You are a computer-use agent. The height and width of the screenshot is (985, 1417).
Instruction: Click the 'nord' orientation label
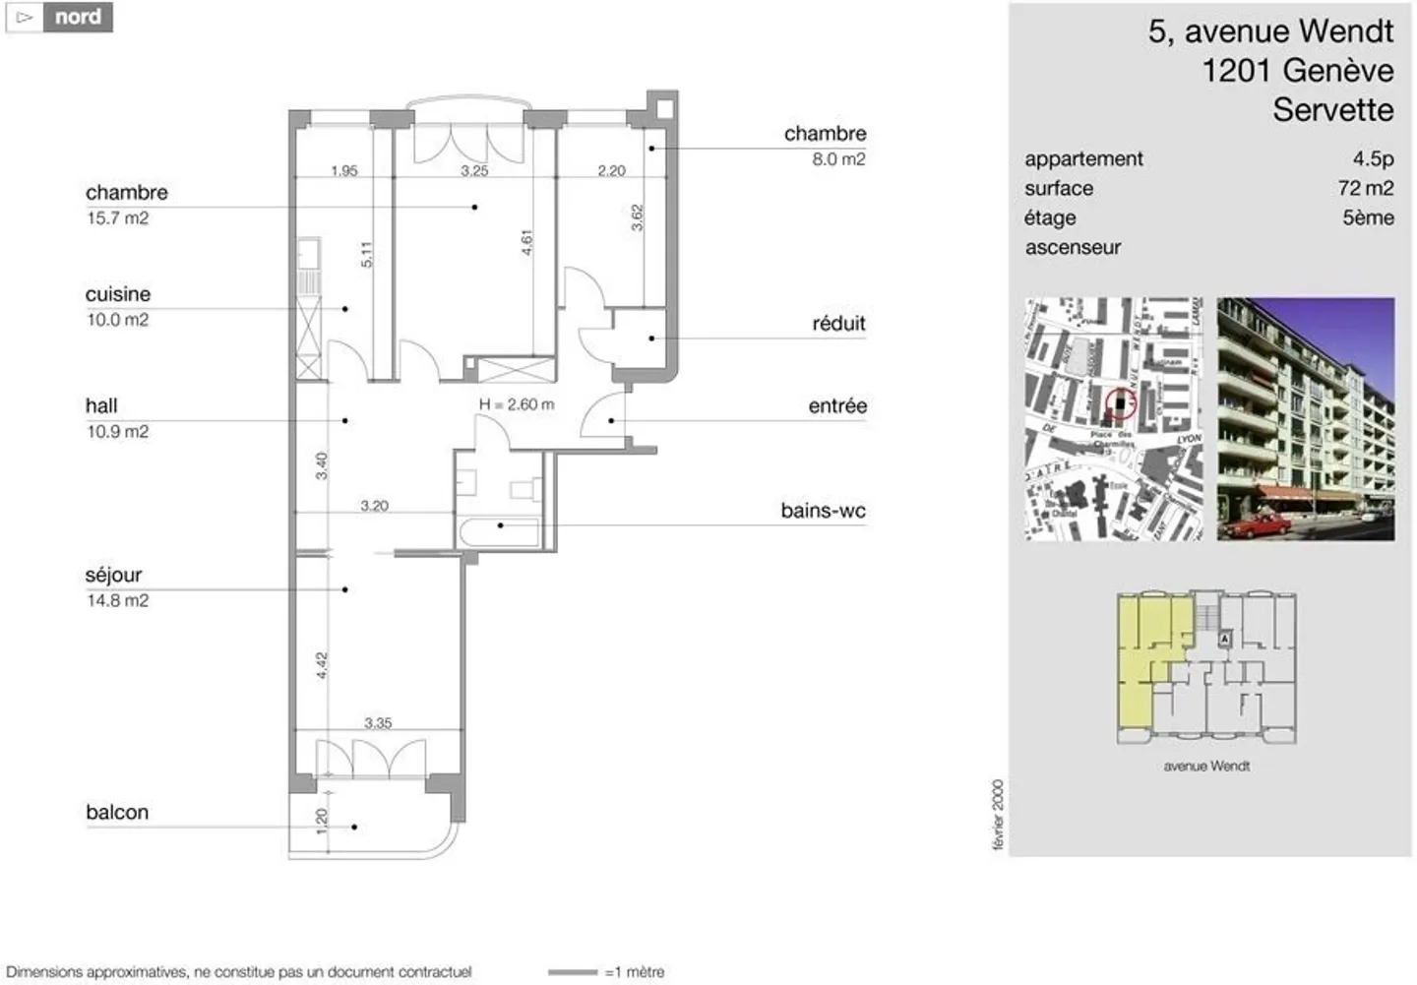pyautogui.click(x=77, y=17)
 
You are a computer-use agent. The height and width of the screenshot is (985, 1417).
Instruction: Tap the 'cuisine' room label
pyautogui.click(x=117, y=294)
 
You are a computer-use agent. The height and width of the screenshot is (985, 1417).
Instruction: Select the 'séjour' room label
pyautogui.click(x=113, y=576)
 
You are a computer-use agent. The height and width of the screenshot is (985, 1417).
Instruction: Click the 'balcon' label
pyautogui.click(x=116, y=813)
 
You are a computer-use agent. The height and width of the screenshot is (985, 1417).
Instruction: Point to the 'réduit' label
pyautogui.click(x=838, y=324)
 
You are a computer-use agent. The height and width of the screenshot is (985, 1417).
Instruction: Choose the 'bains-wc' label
pyautogui.click(x=823, y=511)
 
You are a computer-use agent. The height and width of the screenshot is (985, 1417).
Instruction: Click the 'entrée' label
pyautogui.click(x=837, y=406)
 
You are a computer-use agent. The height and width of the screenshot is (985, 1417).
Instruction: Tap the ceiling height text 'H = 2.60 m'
pyautogui.click(x=516, y=404)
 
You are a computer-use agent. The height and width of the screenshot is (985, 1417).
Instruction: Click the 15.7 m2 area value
pyautogui.click(x=117, y=218)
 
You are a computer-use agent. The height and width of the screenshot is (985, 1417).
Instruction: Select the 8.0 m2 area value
pyautogui.click(x=838, y=159)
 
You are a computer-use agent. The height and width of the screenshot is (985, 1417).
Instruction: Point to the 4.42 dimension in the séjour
pyautogui.click(x=322, y=665)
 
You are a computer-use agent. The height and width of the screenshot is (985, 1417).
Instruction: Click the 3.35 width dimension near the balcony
pyautogui.click(x=378, y=723)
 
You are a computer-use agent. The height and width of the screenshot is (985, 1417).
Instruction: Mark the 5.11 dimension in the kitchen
pyautogui.click(x=366, y=255)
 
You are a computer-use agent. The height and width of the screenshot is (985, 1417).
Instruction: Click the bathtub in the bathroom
pyautogui.click(x=499, y=533)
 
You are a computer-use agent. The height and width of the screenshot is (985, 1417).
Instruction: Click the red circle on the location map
pyautogui.click(x=1120, y=402)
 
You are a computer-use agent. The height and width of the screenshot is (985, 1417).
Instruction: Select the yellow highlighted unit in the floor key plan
pyautogui.click(x=1141, y=659)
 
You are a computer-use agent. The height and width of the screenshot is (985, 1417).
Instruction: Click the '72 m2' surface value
pyautogui.click(x=1365, y=189)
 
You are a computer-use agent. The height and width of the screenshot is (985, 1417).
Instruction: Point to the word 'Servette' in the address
pyautogui.click(x=1332, y=110)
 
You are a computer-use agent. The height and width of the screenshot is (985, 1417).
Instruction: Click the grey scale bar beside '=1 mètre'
pyautogui.click(x=572, y=972)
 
